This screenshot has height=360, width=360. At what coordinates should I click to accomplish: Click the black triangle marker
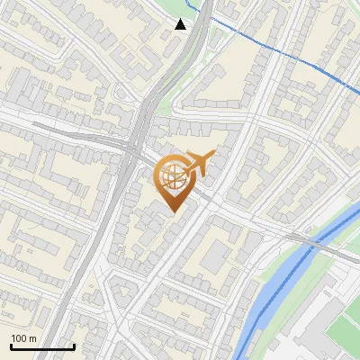[x=181, y=24]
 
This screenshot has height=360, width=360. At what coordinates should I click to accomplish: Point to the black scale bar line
[x=41, y=346]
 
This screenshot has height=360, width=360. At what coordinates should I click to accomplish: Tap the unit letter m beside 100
[x=33, y=338]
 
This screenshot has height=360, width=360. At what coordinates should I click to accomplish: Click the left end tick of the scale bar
[x=10, y=345]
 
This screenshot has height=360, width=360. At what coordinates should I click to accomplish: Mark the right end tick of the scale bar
[x=73, y=345]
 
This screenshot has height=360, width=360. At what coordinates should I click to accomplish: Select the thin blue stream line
[x=270, y=46]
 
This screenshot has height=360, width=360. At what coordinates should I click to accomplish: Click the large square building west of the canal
[x=215, y=257]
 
